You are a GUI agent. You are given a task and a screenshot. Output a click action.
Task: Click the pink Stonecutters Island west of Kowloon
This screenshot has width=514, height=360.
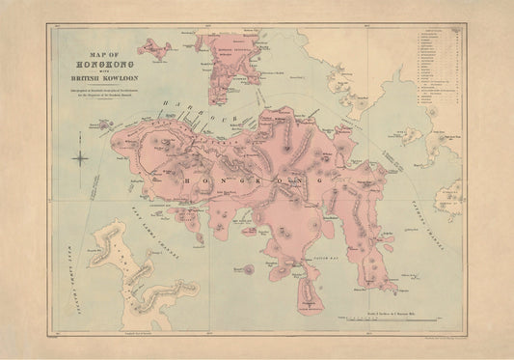point(155,46)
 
